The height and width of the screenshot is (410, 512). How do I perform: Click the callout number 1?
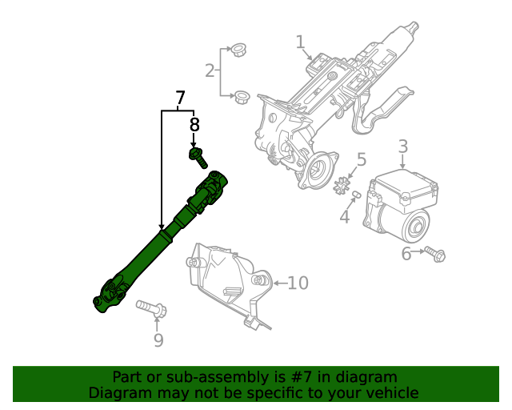point(300,42)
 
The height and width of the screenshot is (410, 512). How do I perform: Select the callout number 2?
point(210,71)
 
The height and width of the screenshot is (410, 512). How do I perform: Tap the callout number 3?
point(403,147)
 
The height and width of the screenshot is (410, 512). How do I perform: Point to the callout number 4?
point(345,217)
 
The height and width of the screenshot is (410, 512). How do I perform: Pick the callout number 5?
point(362,160)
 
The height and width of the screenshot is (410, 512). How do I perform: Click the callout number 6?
point(406,254)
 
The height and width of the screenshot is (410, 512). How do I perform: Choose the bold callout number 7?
point(180,98)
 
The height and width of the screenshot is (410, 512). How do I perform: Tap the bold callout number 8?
point(194,125)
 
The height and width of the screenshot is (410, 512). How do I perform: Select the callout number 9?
point(158,341)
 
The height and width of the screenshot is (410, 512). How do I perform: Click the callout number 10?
point(297,283)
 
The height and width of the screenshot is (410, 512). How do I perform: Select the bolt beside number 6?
point(434,254)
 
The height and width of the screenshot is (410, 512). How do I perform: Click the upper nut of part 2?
point(236,50)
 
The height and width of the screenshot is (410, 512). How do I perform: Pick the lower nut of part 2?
point(238,98)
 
